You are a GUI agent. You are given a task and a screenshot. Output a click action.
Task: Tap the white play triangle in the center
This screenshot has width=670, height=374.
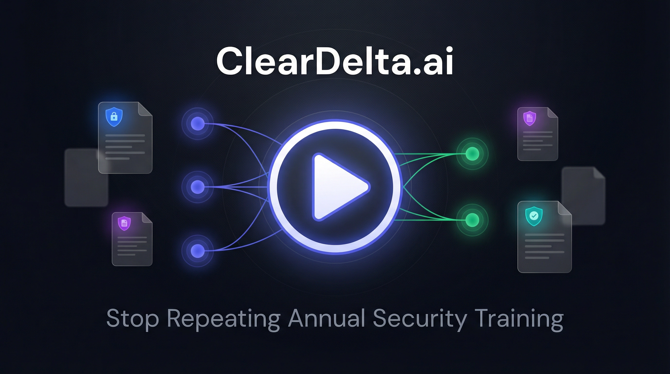[338, 187]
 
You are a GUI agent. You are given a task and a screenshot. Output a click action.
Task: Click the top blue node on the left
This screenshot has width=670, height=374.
[197, 123]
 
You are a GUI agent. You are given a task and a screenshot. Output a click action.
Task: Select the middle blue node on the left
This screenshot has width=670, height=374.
[197, 187]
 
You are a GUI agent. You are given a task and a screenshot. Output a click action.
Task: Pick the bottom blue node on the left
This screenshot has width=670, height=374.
[197, 251]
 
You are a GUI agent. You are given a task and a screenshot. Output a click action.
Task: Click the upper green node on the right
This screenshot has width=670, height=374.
[472, 154]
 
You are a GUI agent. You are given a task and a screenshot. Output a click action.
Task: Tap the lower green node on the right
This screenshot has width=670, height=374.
[472, 220]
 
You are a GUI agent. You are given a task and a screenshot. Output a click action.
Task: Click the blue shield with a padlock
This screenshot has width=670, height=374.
[114, 117]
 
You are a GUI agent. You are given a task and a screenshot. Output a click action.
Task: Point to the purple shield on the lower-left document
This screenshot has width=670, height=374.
[124, 223]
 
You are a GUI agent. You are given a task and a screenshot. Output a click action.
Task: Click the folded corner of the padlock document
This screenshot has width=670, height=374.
[145, 109]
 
